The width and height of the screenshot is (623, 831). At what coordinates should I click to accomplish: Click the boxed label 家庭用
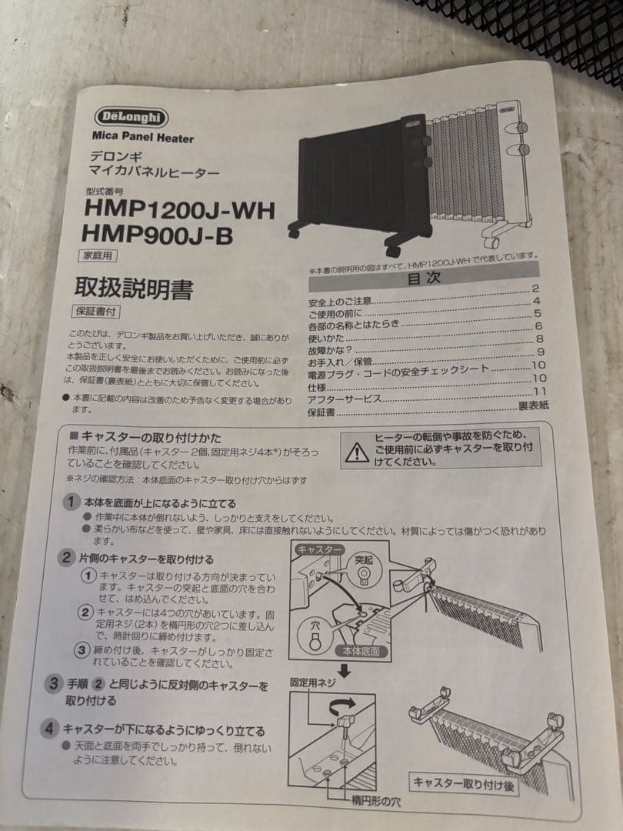coord(99,256)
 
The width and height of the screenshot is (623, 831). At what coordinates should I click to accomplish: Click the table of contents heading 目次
coord(424,279)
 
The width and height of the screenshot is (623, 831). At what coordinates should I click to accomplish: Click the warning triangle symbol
coord(356,452)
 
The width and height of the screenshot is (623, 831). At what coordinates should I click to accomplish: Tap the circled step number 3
coord(53,683)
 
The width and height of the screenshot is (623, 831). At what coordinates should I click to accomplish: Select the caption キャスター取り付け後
coord(465,784)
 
